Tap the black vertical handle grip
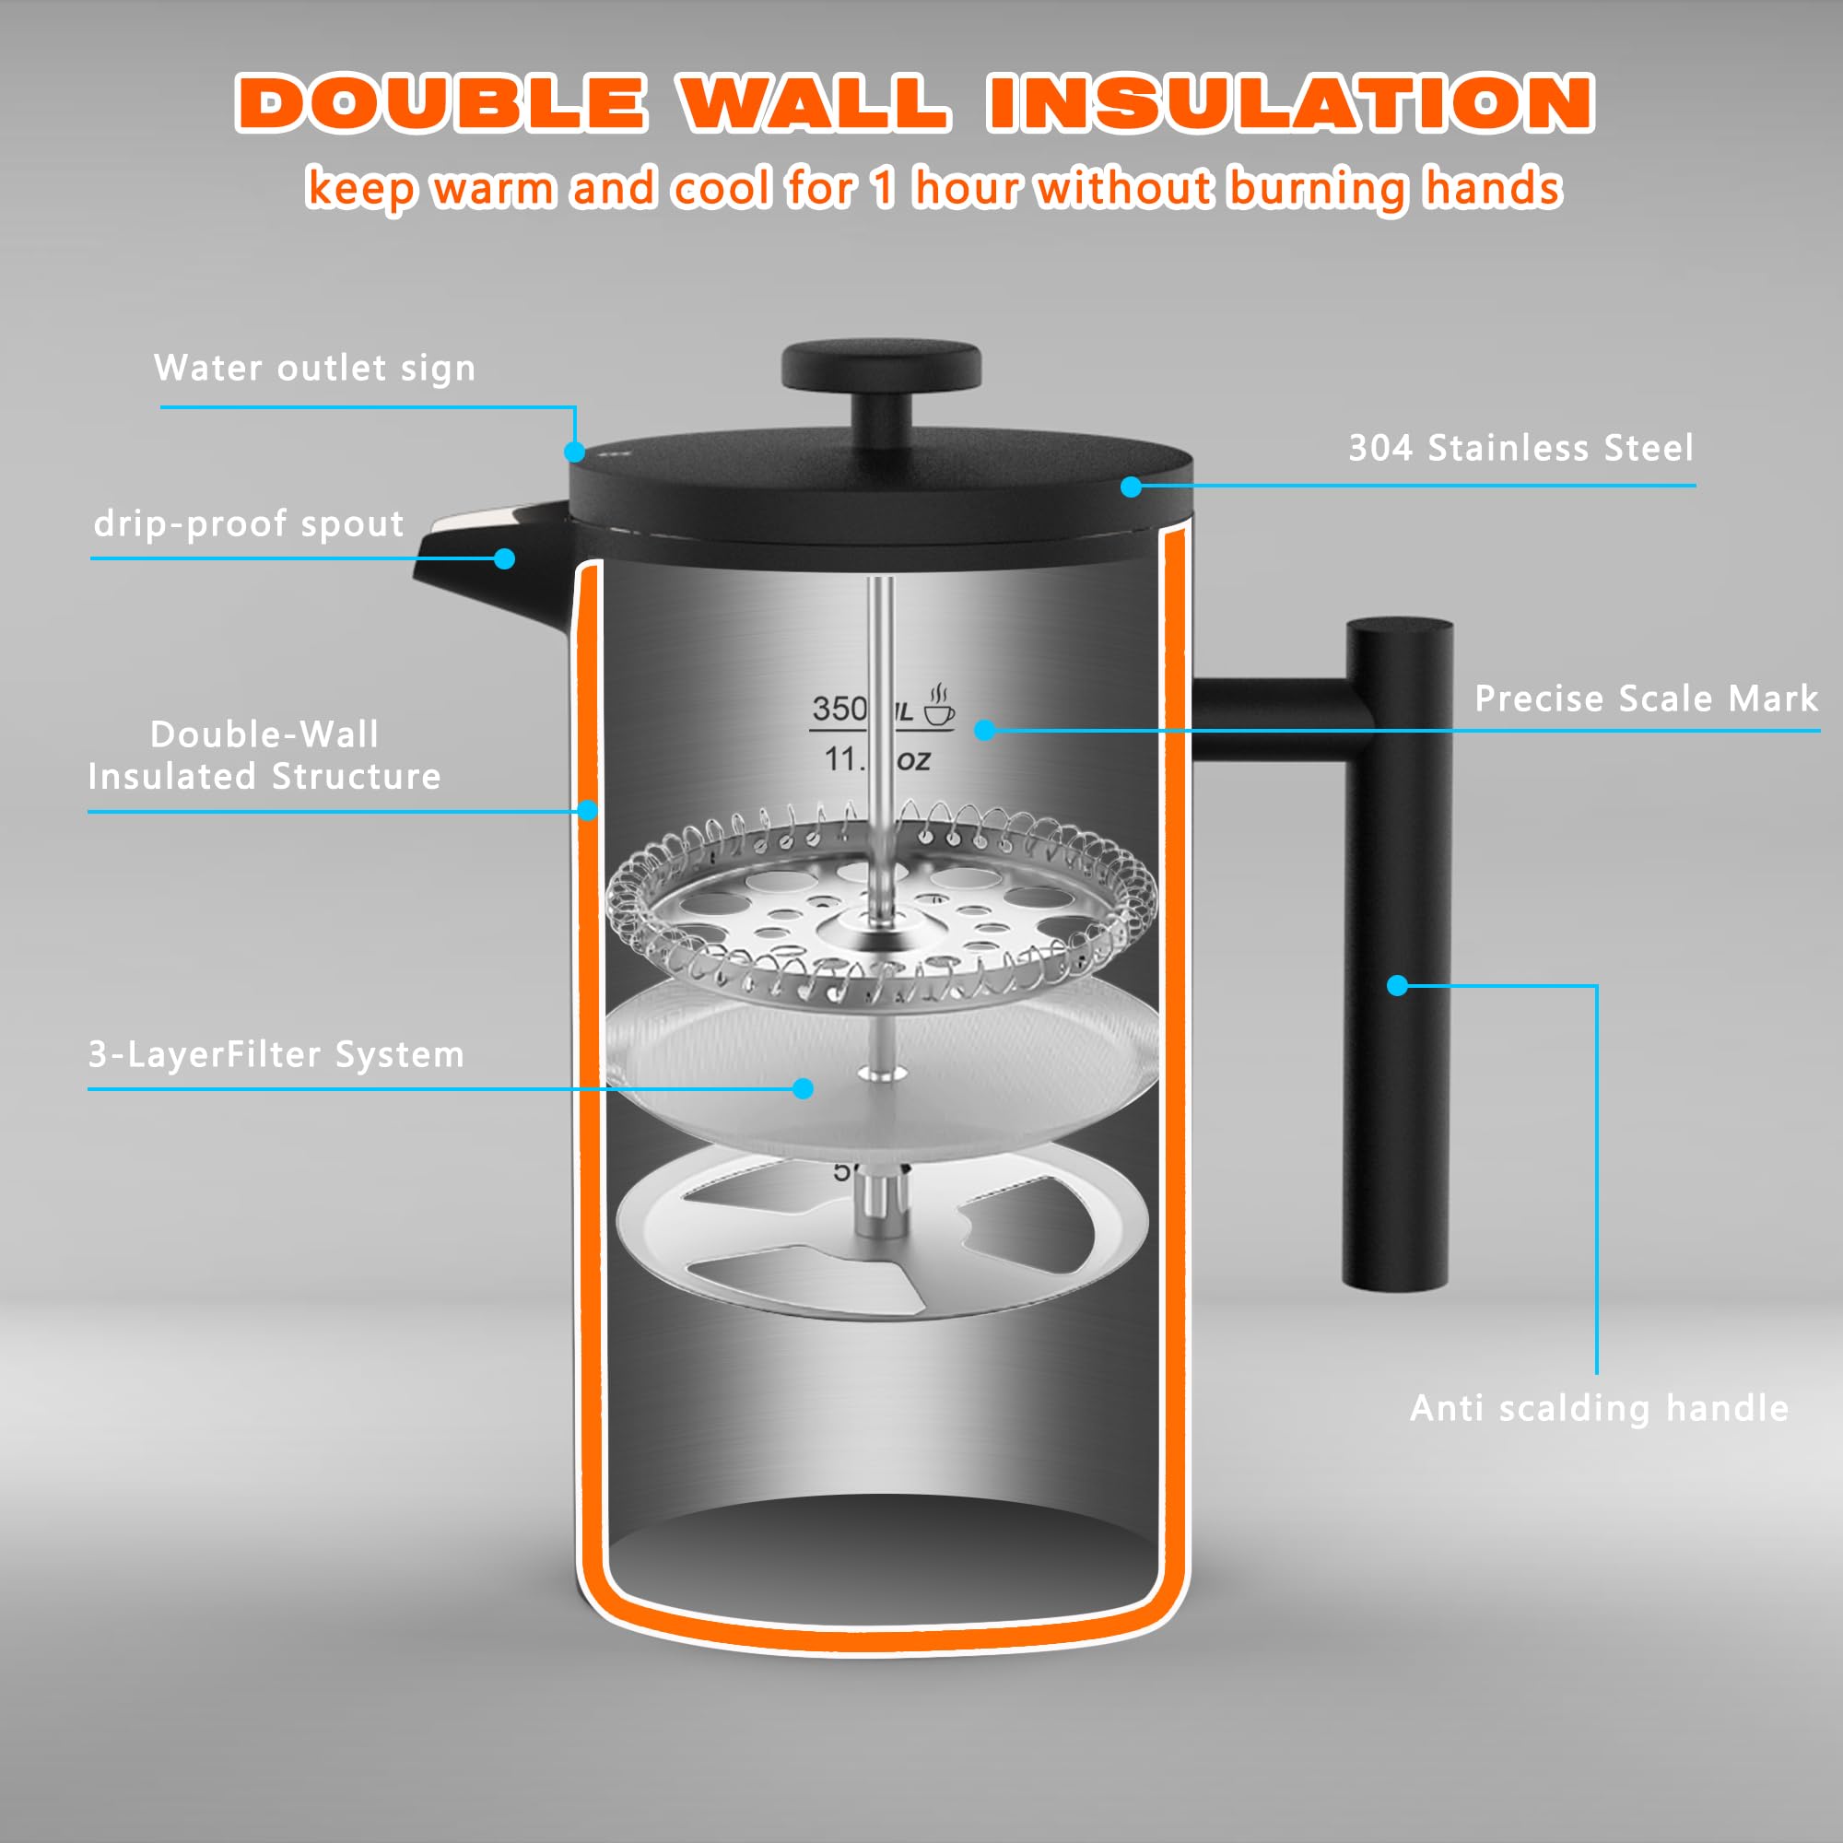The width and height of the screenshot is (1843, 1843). (x=1397, y=954)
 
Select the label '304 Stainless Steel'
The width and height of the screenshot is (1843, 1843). (x=1520, y=449)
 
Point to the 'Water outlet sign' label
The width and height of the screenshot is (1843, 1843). (x=315, y=369)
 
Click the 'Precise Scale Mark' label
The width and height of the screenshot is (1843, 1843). (x=1646, y=699)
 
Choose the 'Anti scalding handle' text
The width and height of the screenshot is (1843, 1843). (x=1599, y=1409)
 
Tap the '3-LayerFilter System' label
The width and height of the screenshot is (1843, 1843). (x=276, y=1055)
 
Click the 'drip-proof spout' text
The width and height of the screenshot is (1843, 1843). (x=249, y=523)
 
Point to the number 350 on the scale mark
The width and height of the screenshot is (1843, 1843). (x=839, y=709)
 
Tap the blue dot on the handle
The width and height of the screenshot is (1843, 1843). (x=1398, y=985)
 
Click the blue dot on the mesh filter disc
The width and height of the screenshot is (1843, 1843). (x=804, y=1088)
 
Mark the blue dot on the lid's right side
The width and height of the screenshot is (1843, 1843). (x=1132, y=487)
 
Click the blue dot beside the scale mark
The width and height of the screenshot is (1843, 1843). (x=985, y=731)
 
